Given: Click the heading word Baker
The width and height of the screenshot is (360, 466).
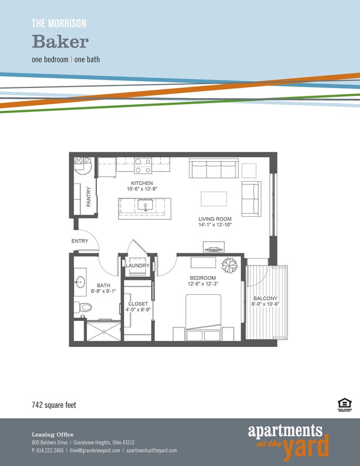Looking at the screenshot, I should pos(60,42).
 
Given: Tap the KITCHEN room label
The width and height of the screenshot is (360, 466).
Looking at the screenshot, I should pos(142,183).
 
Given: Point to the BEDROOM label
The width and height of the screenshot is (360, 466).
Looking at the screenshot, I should pos(202,278).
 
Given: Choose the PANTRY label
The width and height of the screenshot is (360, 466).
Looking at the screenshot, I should pos(89,197).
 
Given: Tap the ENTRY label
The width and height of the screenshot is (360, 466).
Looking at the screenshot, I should pos(80,241).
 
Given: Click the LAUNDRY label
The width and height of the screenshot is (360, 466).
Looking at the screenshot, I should pos(137,266).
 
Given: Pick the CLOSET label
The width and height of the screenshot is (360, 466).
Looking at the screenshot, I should pos(138,304).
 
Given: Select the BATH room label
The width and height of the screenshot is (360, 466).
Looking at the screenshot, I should pos(104,285).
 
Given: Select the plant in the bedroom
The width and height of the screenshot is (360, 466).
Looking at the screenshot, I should pos(229,265).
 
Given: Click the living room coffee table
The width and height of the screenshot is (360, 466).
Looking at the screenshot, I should pos(214,199).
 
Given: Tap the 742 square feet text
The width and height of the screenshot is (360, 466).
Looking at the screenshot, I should pos(53,405).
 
